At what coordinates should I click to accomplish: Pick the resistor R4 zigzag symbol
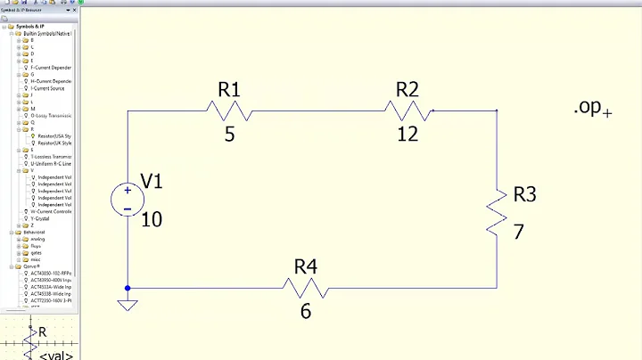click(306, 288)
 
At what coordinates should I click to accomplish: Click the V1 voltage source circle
click(128, 200)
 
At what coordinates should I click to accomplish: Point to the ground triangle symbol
click(128, 306)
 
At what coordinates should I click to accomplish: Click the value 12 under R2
click(407, 134)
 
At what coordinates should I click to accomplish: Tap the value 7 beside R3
click(518, 232)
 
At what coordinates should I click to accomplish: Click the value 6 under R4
click(306, 312)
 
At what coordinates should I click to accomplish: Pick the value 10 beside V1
click(152, 218)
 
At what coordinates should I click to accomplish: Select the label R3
click(525, 194)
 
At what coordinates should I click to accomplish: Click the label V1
click(152, 182)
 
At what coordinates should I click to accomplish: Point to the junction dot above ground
click(128, 288)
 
